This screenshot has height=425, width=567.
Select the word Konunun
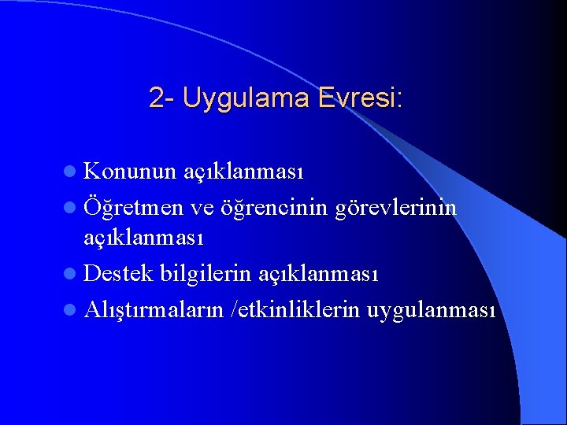130,171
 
